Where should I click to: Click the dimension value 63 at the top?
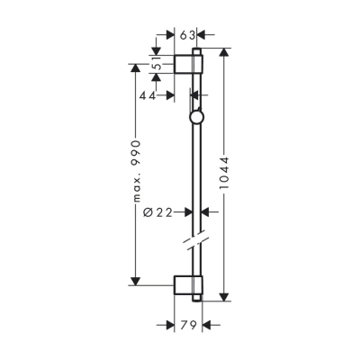coord(188,36)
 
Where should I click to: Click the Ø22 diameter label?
coord(159,212)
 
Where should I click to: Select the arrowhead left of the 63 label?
coord(171,36)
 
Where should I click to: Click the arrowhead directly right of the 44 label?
coord(186,94)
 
